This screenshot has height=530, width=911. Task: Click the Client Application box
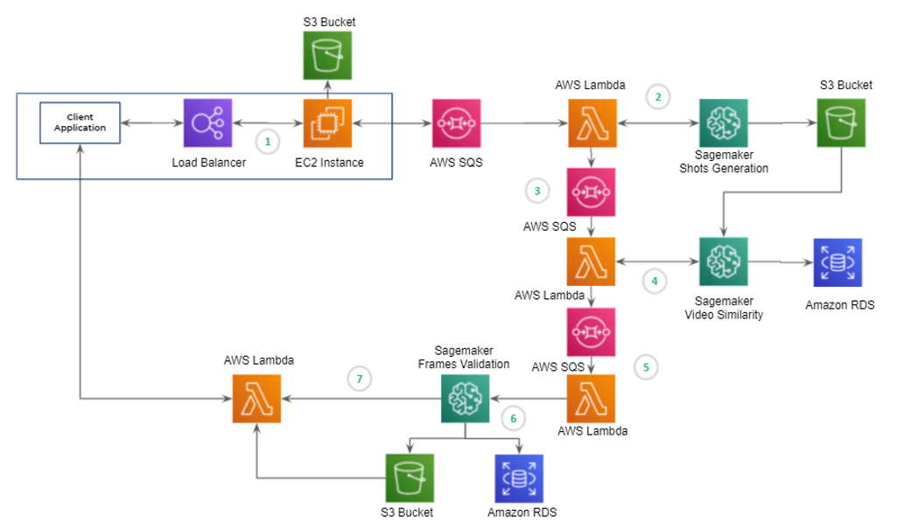point(80,122)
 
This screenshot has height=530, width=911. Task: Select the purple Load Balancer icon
point(207,122)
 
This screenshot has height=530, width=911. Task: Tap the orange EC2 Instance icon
point(327,122)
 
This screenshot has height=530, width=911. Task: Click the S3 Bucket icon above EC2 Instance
point(327,55)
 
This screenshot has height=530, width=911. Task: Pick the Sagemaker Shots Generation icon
point(724,122)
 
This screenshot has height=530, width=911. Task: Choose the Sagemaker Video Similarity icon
point(724,262)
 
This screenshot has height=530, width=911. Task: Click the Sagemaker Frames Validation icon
point(464,399)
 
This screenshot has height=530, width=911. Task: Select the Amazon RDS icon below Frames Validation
point(520,478)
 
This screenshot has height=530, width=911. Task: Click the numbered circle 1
point(269,140)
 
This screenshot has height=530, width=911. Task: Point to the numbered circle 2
point(658,97)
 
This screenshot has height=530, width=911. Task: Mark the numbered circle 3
point(536,190)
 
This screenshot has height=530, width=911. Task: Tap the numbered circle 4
point(654,282)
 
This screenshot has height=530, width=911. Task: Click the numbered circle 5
point(646,366)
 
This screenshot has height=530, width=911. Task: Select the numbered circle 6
point(514,418)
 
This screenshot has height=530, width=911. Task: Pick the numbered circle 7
point(359,379)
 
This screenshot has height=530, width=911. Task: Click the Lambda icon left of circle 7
point(256,399)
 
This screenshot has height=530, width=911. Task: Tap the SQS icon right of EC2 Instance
point(456,122)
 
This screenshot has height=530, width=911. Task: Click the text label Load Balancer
point(207,163)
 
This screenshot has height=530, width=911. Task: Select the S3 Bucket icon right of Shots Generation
point(841,122)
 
